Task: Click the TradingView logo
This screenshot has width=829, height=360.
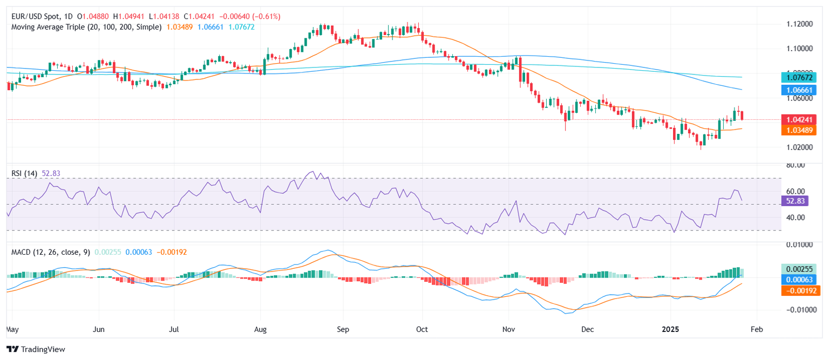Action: tap(36, 349)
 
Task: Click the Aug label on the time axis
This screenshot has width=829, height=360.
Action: tap(261, 328)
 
